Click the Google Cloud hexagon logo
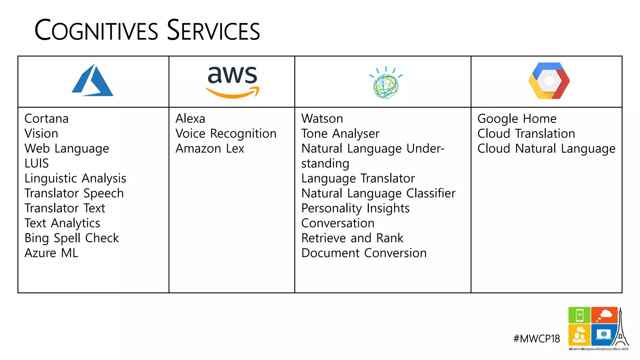[549, 81]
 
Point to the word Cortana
[47, 119]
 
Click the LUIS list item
[37, 163]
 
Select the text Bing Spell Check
[72, 238]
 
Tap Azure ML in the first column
[51, 253]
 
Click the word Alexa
[190, 119]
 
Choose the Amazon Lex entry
[210, 149]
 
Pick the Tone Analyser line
[340, 134]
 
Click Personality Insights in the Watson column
[355, 208]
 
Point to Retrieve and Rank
[352, 238]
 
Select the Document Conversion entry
[364, 253]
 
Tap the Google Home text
[517, 119]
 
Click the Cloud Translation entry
[526, 134]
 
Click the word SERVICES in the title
[213, 30]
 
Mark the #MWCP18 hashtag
[536, 339]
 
